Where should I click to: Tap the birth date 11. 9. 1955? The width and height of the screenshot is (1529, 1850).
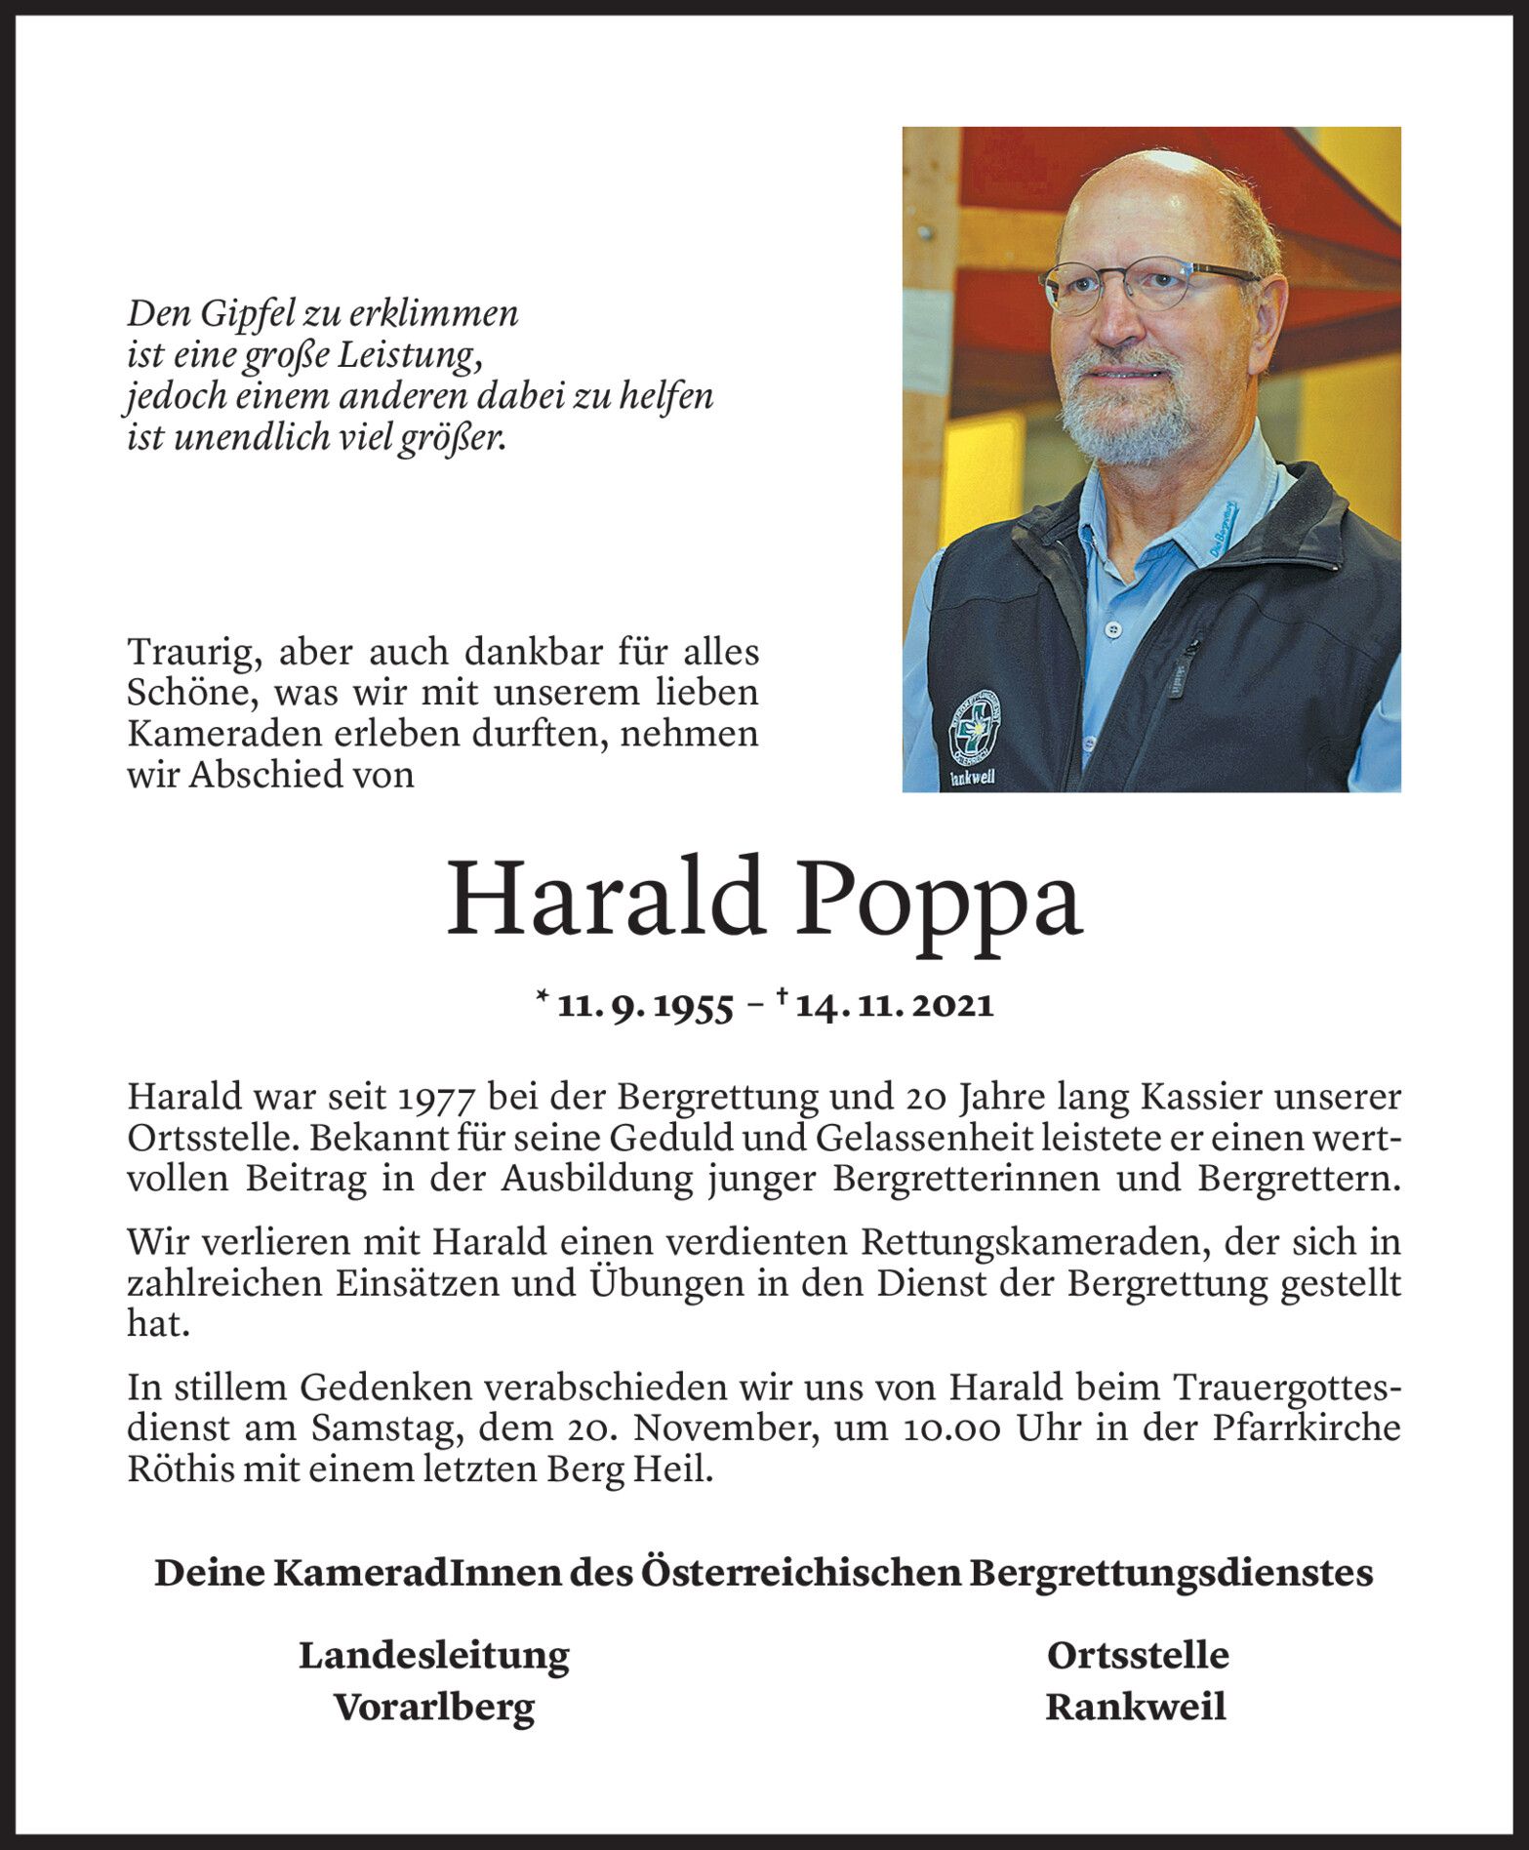[x=644, y=1006]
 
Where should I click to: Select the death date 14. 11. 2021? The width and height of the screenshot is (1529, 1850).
[x=894, y=1006]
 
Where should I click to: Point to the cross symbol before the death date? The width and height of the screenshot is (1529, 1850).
[x=782, y=998]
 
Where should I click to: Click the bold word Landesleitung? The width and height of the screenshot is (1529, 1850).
[x=433, y=1655]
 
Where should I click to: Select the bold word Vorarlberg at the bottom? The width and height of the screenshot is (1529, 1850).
[x=434, y=1707]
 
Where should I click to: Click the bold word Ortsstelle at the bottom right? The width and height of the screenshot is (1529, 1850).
[x=1137, y=1655]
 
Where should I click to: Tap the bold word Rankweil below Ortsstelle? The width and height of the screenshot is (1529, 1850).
[x=1136, y=1707]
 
